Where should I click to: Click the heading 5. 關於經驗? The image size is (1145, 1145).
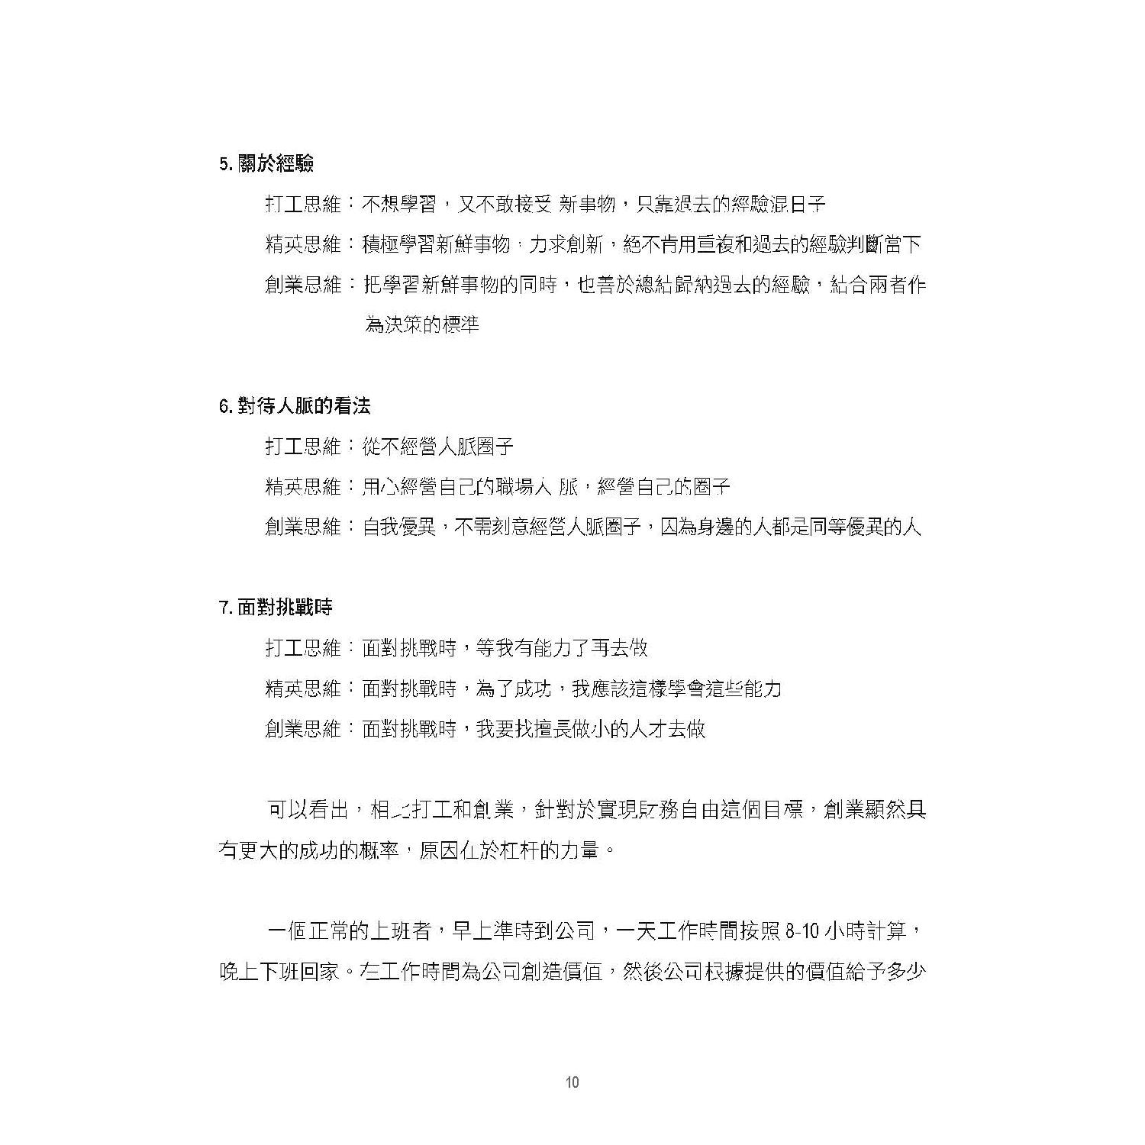(266, 164)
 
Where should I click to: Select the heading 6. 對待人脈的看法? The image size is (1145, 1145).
(295, 406)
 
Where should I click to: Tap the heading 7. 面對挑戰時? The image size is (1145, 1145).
(276, 608)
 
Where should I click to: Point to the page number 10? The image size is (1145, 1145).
(572, 1082)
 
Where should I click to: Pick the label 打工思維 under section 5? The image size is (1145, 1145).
(303, 205)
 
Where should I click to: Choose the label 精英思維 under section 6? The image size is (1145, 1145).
(303, 487)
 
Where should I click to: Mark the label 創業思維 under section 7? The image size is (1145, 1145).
(303, 729)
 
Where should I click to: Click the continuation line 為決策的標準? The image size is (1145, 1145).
(421, 325)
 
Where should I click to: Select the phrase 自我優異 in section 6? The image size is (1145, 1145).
(399, 527)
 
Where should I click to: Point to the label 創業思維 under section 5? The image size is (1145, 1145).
(303, 285)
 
